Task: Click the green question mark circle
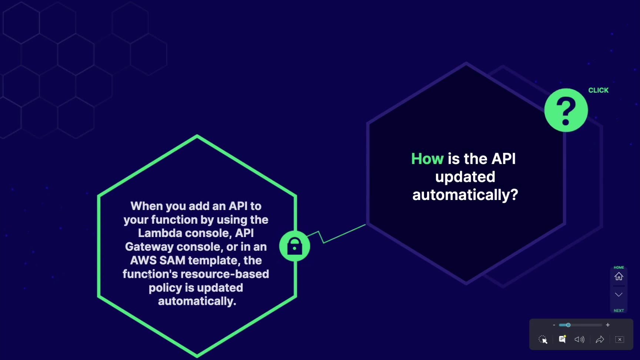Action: (x=566, y=110)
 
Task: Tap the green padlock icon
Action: (x=294, y=246)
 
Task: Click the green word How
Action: (x=427, y=159)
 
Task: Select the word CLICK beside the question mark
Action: (x=598, y=90)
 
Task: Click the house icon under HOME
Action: (x=619, y=276)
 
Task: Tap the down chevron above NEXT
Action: (x=619, y=294)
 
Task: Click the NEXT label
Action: (x=619, y=311)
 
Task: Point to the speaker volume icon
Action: (x=579, y=340)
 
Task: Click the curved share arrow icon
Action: (x=600, y=340)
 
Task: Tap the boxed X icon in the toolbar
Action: (x=620, y=339)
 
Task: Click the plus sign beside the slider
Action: (x=608, y=325)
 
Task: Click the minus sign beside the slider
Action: (x=554, y=325)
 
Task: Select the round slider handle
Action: (x=568, y=325)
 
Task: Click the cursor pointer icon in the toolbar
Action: (x=543, y=340)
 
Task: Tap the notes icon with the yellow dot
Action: (x=562, y=339)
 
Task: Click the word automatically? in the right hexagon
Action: (x=465, y=195)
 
